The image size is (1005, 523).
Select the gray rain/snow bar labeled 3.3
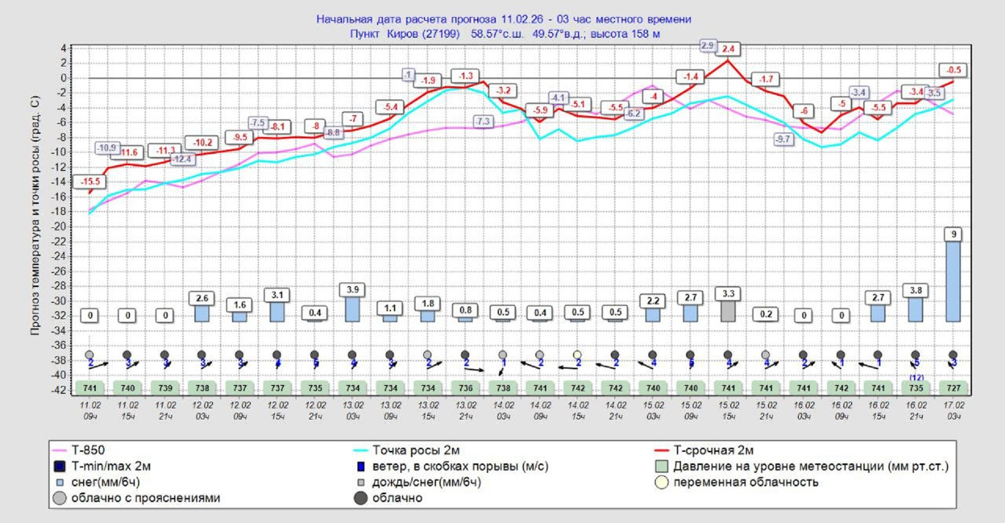click(728, 312)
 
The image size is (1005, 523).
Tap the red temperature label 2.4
click(728, 49)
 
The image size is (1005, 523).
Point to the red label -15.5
click(90, 181)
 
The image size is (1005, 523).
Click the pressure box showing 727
click(953, 388)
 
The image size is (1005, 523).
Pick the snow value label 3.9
click(352, 290)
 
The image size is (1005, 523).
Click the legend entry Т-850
click(87, 450)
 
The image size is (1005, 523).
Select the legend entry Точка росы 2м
click(416, 450)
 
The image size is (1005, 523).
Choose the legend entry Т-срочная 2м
click(713, 450)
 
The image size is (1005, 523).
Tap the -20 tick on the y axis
click(61, 226)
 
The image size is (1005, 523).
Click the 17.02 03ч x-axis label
click(953, 411)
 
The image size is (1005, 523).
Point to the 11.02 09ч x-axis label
click(90, 411)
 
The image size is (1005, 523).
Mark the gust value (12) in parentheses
click(916, 377)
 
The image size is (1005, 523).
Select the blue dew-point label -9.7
click(783, 139)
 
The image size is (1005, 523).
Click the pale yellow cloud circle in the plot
click(577, 355)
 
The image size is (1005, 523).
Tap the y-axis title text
click(35, 215)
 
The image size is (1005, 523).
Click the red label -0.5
click(953, 70)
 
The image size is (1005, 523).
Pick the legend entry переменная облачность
click(745, 482)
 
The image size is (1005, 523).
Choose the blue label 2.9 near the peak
click(707, 46)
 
